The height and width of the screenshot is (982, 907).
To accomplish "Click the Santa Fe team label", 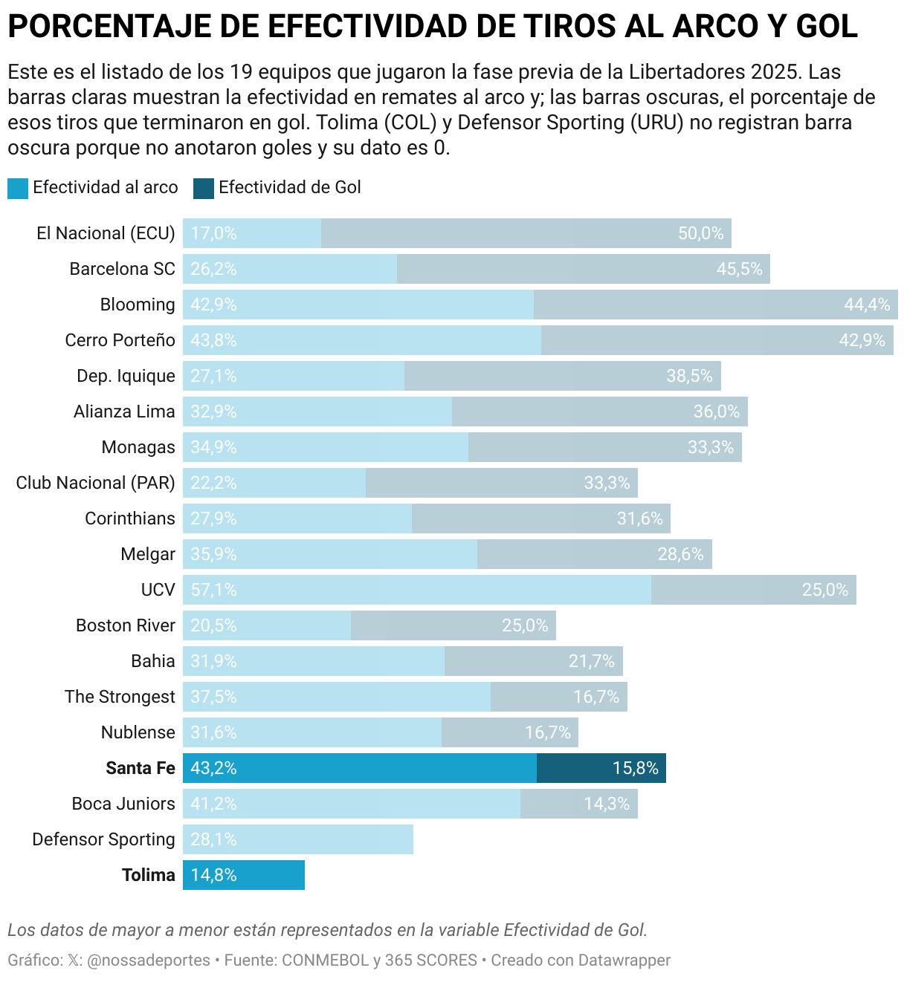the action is point(140,768).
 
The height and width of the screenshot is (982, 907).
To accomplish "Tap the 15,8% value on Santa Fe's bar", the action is point(635,768).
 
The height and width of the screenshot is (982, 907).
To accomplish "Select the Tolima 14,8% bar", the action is point(244,875).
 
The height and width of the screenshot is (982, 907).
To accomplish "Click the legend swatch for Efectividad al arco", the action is point(17,189).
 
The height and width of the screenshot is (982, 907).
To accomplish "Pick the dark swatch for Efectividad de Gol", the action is point(204,189).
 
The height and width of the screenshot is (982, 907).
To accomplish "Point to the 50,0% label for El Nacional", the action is point(700,233).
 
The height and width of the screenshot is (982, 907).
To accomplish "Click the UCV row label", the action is point(158,590).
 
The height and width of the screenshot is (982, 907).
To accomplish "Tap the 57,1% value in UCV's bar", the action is point(213,590).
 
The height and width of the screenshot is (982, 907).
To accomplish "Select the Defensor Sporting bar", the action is point(298,839).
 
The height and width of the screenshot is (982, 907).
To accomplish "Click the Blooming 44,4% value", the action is point(867,305).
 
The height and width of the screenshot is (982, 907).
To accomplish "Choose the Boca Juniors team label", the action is point(123,804).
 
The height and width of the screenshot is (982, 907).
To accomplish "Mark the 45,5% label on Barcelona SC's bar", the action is point(739,269).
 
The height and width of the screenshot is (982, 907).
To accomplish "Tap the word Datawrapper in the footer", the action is point(624,960).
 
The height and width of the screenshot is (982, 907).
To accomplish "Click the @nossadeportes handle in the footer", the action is point(149,960).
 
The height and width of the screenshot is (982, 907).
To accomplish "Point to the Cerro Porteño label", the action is point(120,340).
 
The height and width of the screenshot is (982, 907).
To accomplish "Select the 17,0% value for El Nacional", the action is point(213,233).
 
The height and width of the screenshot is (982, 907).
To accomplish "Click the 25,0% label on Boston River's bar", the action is point(525,625).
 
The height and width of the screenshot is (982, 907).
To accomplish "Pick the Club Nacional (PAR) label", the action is point(96,483).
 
